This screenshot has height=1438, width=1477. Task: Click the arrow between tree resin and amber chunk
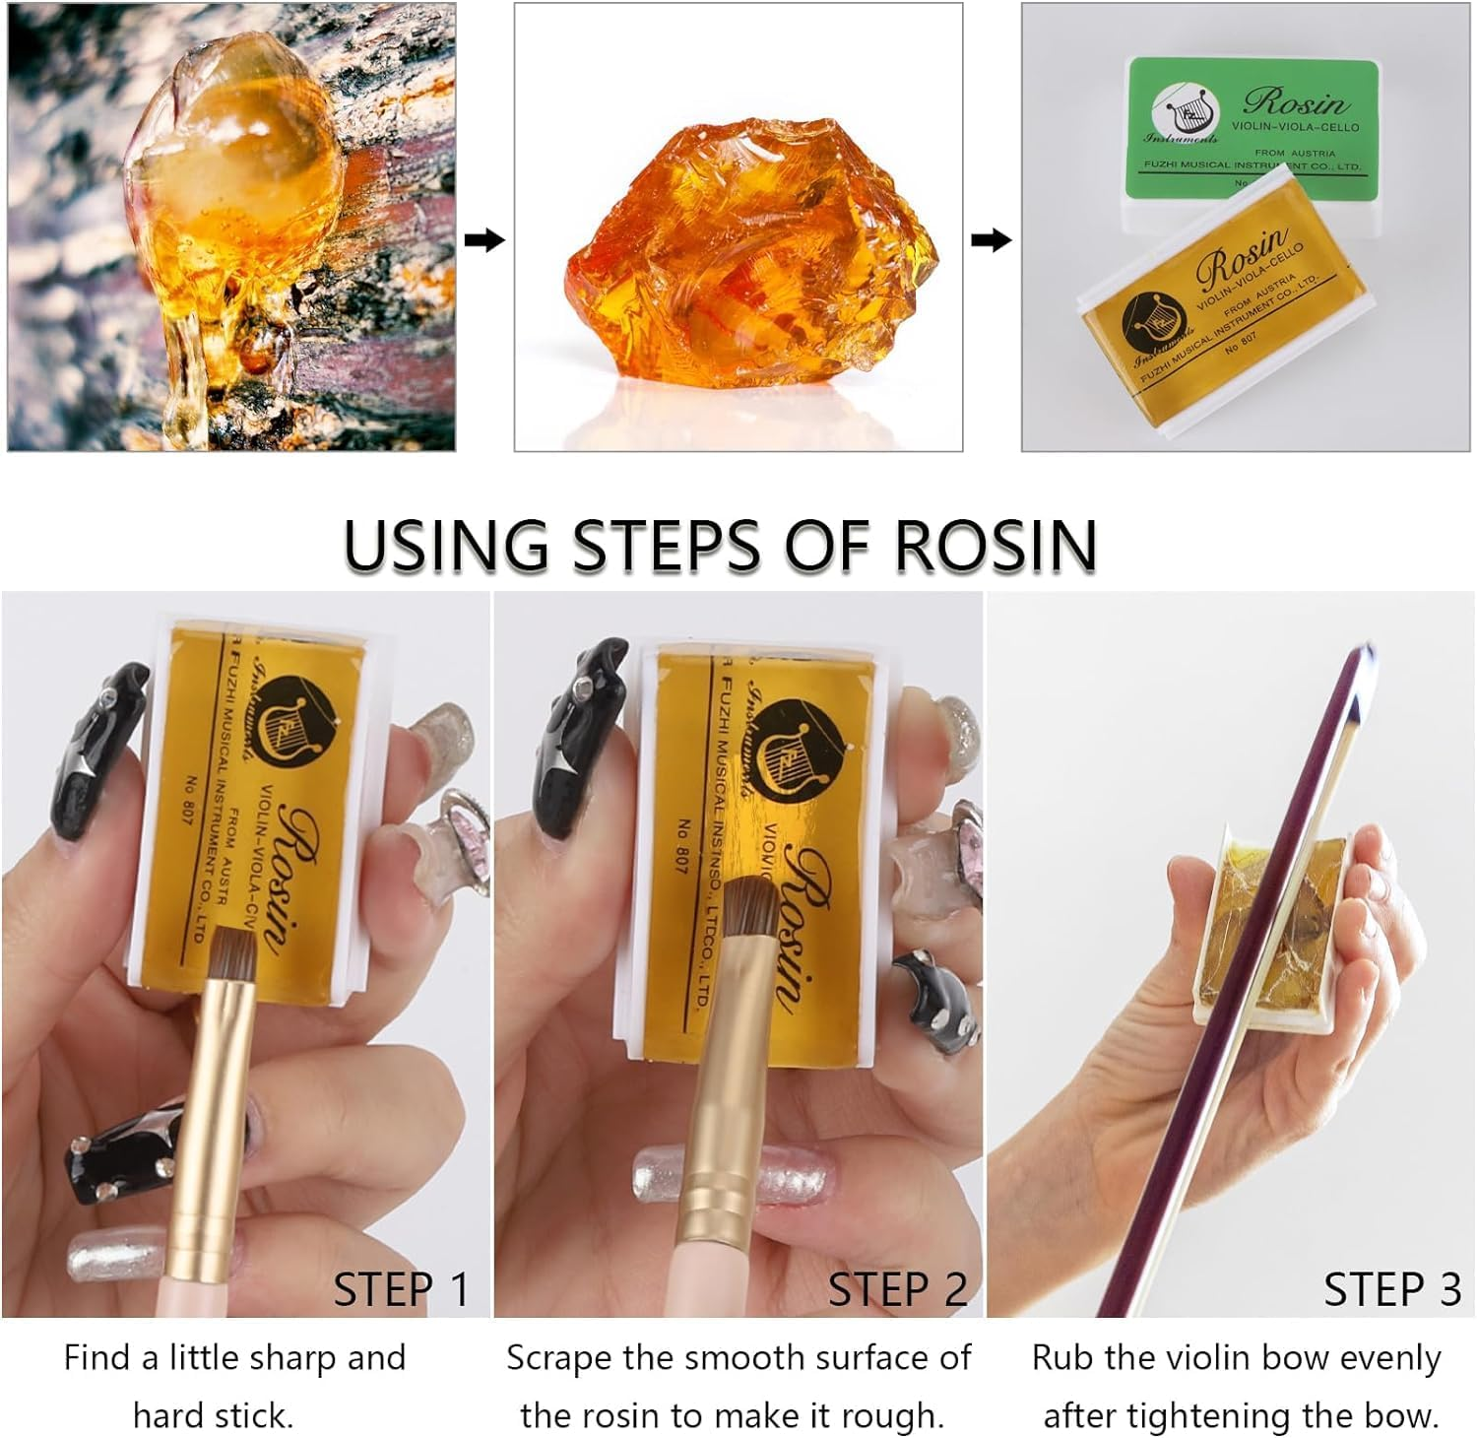(x=483, y=239)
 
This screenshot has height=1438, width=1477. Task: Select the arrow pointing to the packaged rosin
(x=991, y=239)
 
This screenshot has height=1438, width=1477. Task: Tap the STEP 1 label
(x=401, y=1289)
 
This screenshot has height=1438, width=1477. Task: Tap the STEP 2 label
(x=897, y=1289)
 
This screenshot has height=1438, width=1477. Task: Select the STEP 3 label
(x=1391, y=1289)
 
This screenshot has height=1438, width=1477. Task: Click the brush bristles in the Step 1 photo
(x=232, y=953)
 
